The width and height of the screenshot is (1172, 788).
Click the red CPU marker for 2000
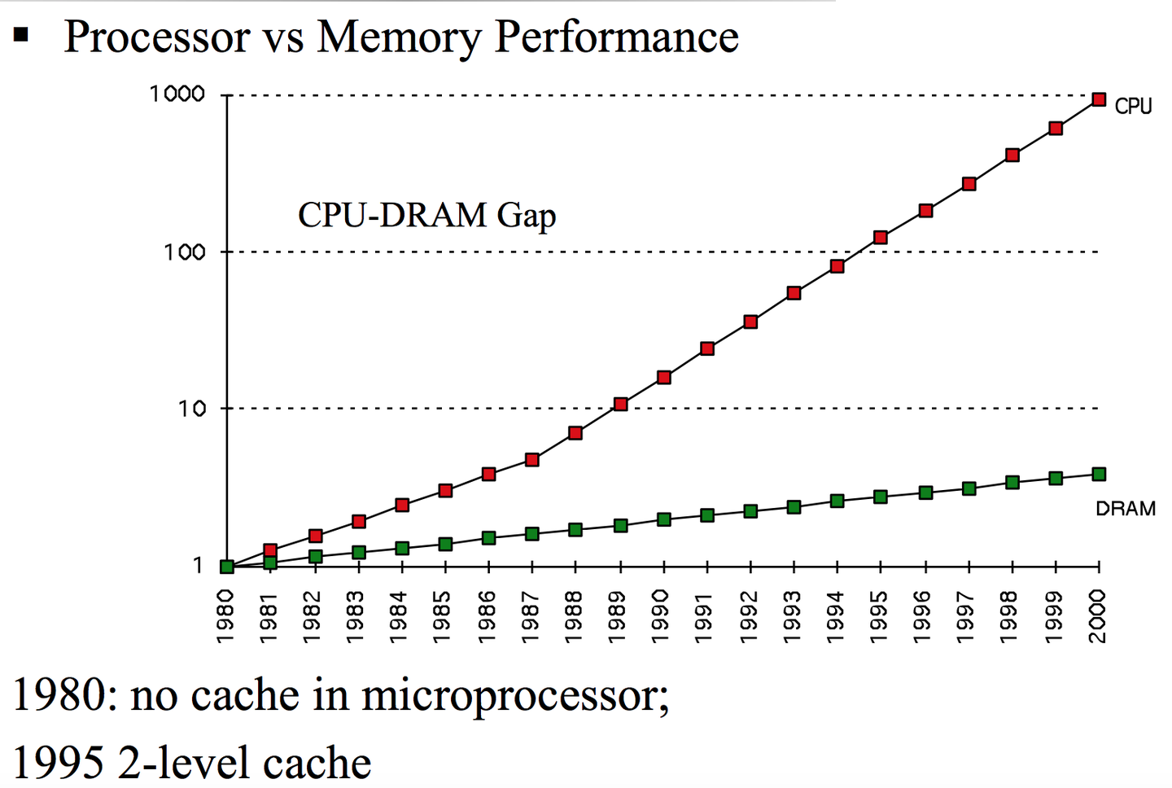tap(1099, 99)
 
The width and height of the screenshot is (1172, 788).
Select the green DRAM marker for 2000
tap(1099, 474)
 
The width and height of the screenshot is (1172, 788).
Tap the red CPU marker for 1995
tap(881, 238)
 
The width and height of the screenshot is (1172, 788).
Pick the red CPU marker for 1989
tap(620, 404)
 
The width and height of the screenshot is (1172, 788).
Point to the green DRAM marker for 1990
tap(664, 519)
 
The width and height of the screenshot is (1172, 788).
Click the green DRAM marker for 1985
tap(445, 544)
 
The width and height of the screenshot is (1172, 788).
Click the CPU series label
tap(1133, 107)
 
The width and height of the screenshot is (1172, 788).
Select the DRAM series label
tap(1125, 509)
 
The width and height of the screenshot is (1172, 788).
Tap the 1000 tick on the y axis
tap(177, 94)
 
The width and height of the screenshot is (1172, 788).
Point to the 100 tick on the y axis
tap(184, 252)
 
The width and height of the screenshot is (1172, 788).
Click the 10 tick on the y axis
tap(192, 409)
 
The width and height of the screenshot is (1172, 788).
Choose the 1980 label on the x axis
tap(226, 615)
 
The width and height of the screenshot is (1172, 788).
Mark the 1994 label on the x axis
tap(837, 615)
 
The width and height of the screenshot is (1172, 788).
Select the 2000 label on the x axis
tap(1098, 615)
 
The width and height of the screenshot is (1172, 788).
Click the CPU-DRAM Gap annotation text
tap(426, 216)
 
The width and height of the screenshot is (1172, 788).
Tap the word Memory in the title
tap(399, 37)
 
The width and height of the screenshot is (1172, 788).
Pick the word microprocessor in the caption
tap(514, 697)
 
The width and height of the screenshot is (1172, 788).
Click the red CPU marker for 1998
tap(1012, 155)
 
